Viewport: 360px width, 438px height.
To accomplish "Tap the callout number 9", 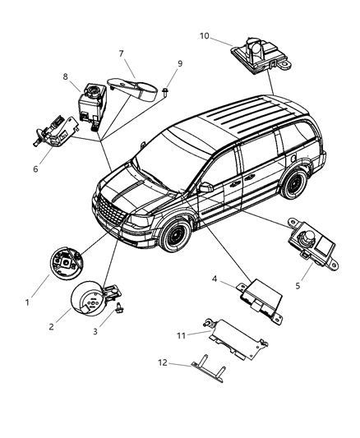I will [x=179, y=63].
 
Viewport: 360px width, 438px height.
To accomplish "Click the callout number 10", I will [x=205, y=35].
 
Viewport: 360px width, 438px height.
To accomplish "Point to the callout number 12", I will [x=163, y=363].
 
